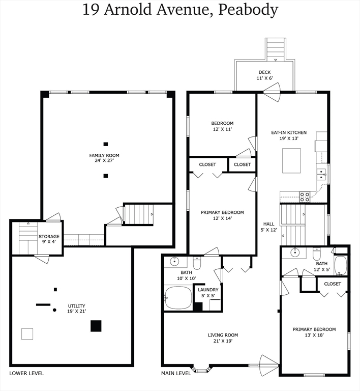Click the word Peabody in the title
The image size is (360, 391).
tap(249, 10)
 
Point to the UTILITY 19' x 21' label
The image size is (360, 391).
tap(77, 309)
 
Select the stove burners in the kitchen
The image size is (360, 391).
tap(305, 197)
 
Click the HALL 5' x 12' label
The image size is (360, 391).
tap(269, 227)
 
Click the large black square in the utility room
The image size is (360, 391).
tap(96, 326)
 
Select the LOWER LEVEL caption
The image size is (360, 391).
tap(26, 373)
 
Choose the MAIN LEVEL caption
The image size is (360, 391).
tap(176, 373)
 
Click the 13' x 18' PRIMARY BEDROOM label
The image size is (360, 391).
tap(314, 332)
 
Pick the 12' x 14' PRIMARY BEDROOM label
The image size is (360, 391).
tap(222, 215)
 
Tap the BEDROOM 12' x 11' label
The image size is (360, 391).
tap(222, 126)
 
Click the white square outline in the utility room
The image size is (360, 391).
tap(27, 333)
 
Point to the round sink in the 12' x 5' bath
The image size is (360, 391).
tap(295, 252)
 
